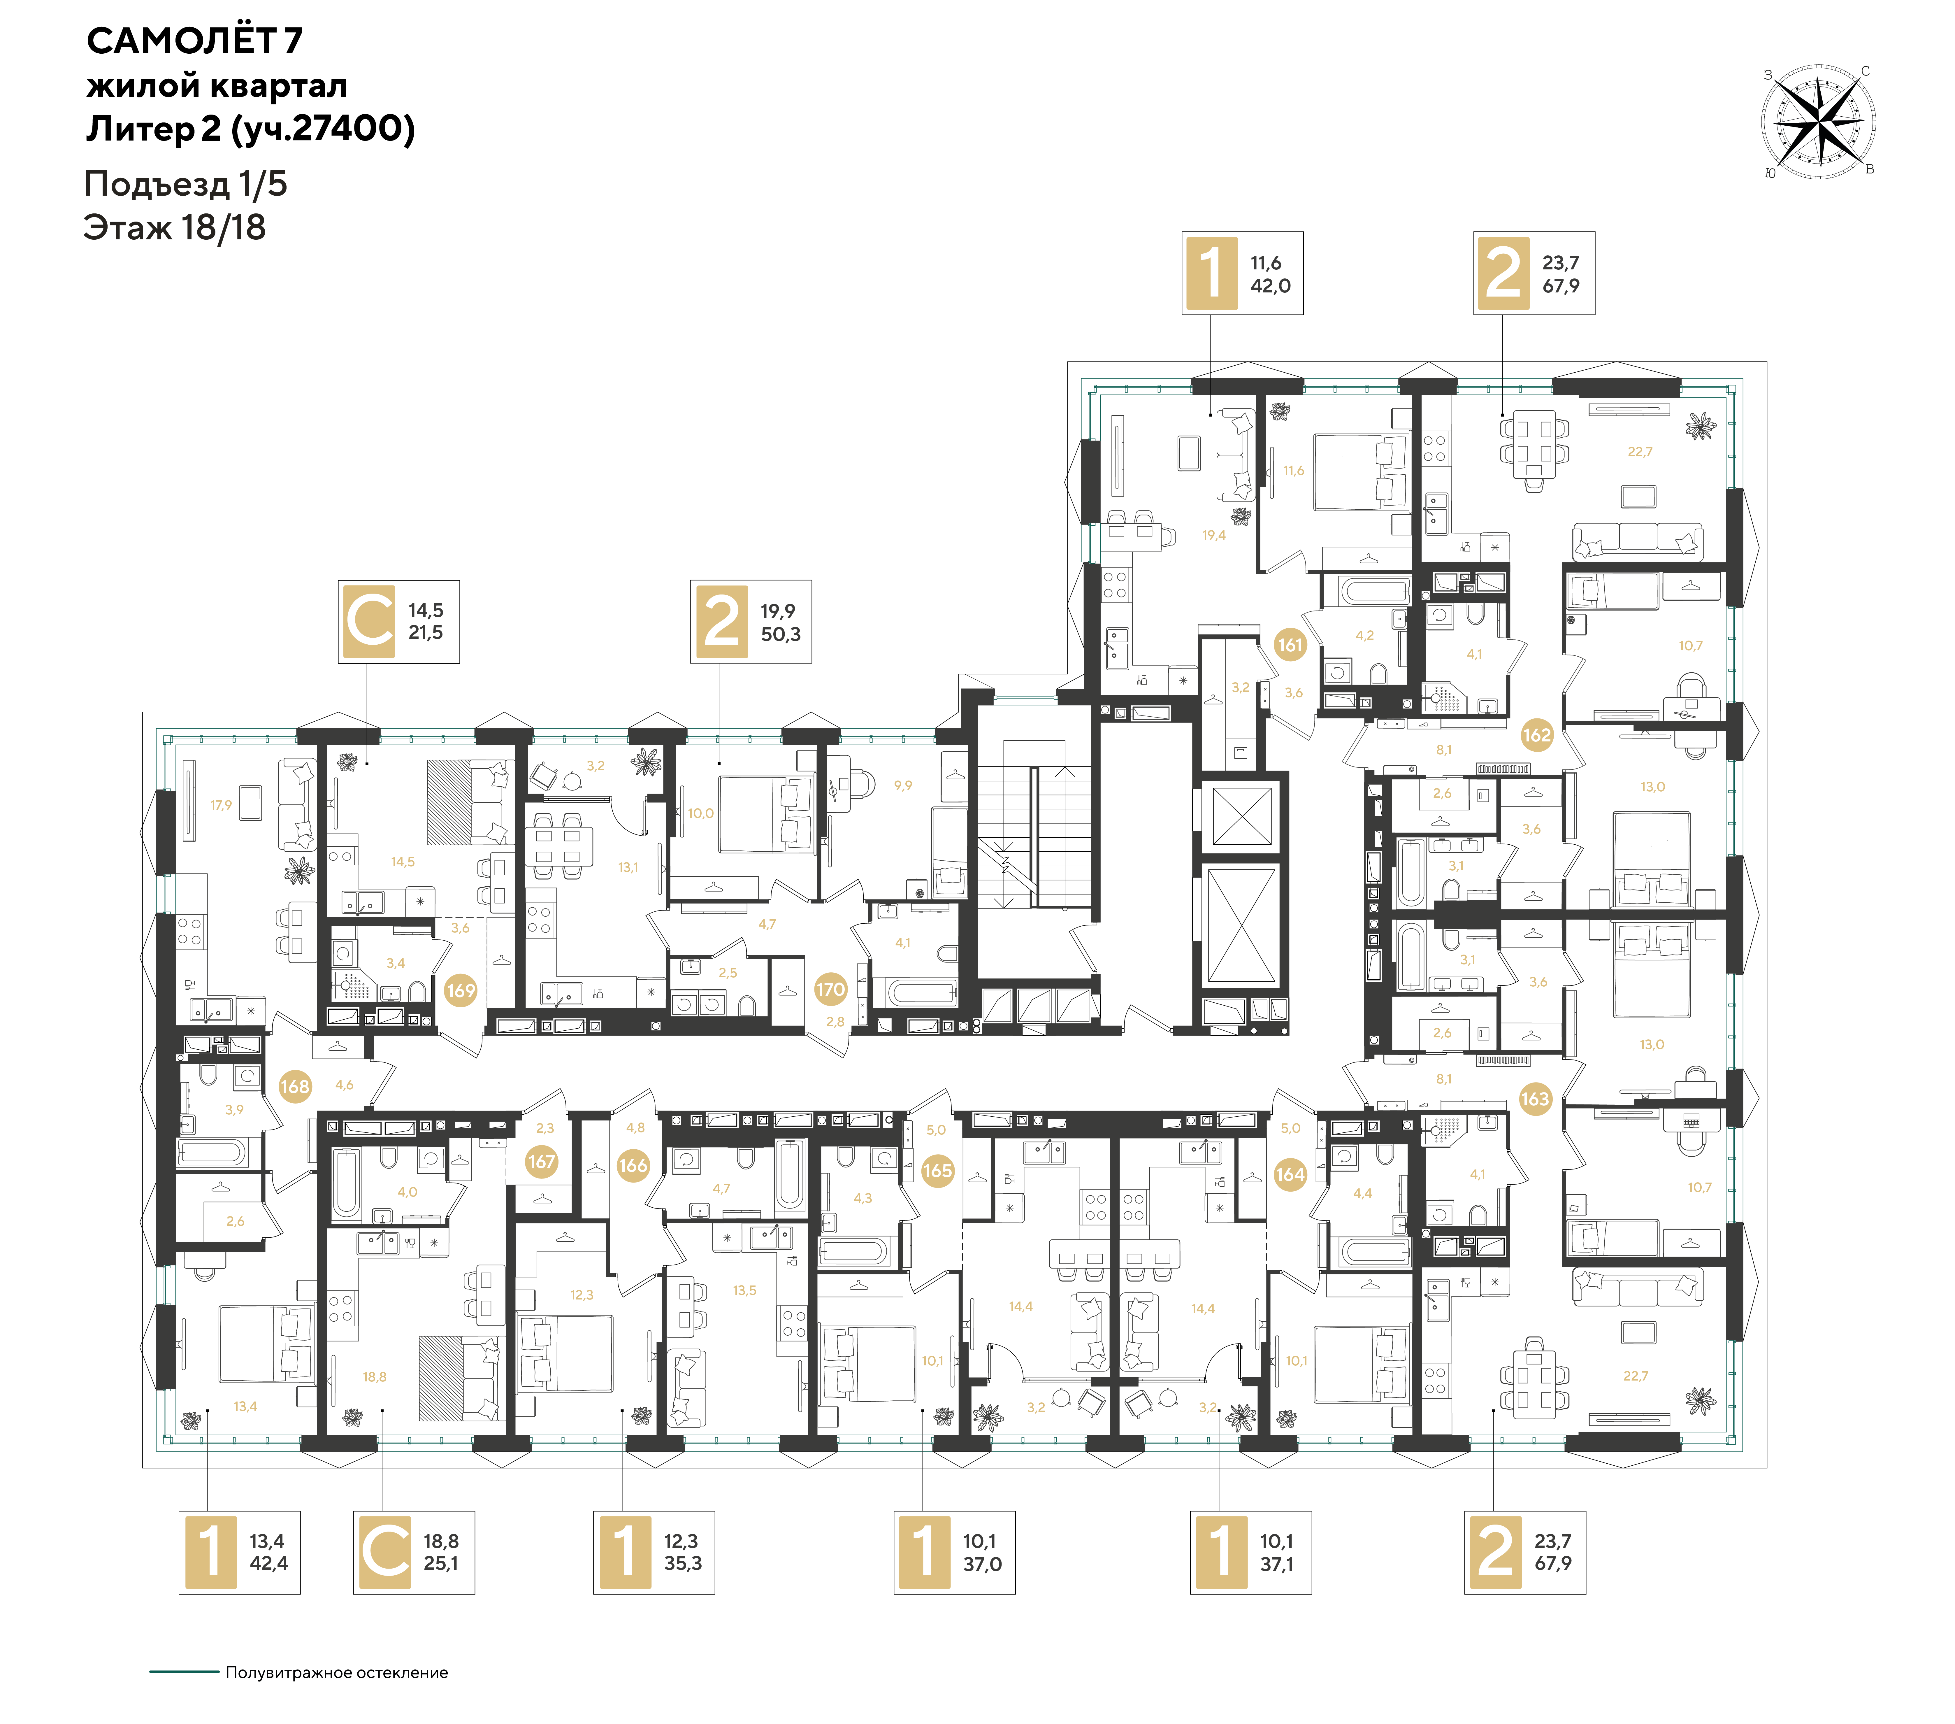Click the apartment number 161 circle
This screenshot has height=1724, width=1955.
[1290, 645]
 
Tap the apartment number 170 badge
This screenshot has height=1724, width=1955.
[830, 989]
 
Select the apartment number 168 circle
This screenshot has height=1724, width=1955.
[295, 1086]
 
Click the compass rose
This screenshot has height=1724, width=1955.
[1818, 122]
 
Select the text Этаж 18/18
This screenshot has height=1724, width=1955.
[175, 228]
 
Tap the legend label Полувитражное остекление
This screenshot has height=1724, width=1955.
[337, 1672]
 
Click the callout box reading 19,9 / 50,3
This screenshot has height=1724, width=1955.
[751, 622]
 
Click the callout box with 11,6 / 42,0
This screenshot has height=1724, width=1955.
[1242, 273]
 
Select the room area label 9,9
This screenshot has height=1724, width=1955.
[903, 785]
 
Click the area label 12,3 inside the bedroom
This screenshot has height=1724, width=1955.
[582, 1295]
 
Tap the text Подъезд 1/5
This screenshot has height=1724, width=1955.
[186, 184]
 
